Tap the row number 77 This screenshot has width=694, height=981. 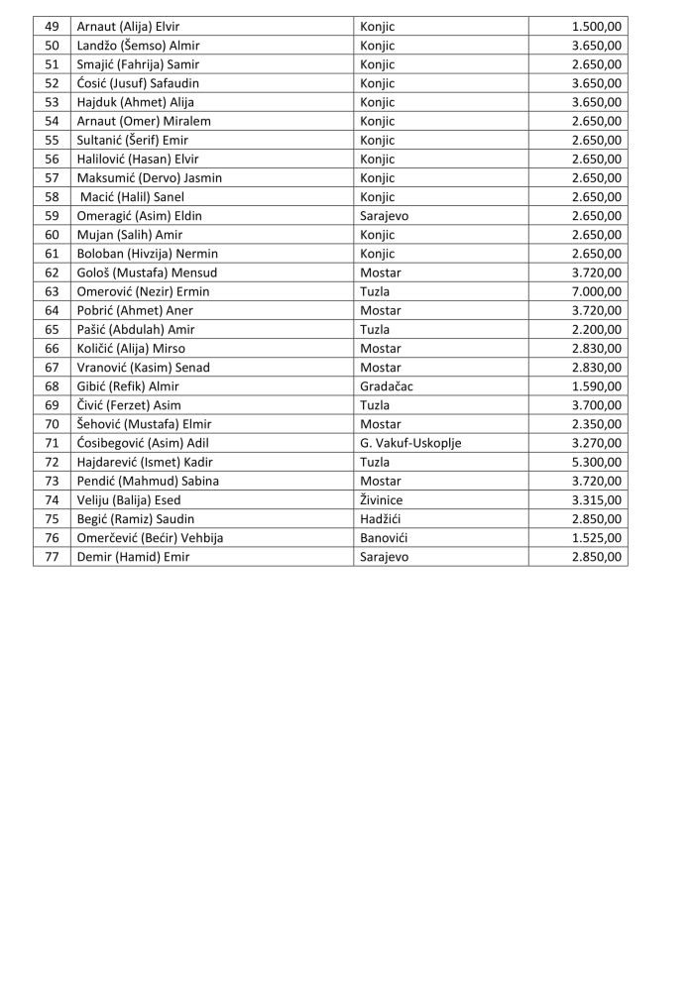point(52,557)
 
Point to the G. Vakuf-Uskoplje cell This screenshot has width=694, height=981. point(410,443)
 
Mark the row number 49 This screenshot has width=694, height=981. point(52,27)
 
